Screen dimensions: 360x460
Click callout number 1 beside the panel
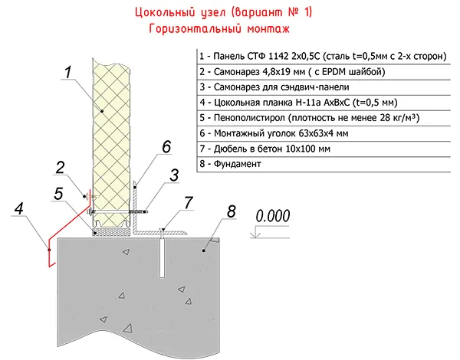(x=67, y=74)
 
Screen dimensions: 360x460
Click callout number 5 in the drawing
(x=59, y=194)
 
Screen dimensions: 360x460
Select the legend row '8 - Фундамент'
(x=229, y=163)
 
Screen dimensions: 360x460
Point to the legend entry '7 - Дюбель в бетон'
(x=264, y=148)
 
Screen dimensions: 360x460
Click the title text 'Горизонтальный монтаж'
(x=222, y=29)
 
